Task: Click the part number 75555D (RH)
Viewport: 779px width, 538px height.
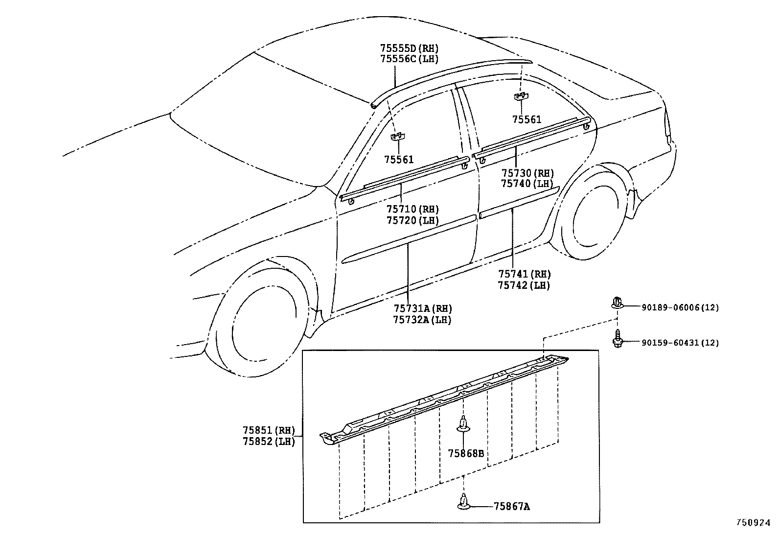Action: tap(409, 48)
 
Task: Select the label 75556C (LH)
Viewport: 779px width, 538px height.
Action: tap(409, 59)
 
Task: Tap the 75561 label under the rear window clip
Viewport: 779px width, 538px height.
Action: tap(527, 120)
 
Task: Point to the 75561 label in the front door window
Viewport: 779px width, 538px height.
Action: tap(398, 160)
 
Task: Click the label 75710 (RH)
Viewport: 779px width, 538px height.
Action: tap(412, 209)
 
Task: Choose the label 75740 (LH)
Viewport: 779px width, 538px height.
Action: tap(527, 184)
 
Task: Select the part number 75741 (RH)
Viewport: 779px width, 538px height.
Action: tap(525, 274)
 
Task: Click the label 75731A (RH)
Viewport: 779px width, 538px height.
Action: tap(423, 308)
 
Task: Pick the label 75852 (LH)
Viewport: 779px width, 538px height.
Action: tap(269, 442)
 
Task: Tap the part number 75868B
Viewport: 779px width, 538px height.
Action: tap(466, 453)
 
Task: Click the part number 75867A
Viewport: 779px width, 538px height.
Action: tap(511, 506)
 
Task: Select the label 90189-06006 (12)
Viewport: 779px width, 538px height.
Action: tap(680, 307)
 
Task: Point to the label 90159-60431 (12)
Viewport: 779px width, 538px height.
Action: tap(680, 342)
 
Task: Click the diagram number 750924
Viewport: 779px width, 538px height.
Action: tap(753, 523)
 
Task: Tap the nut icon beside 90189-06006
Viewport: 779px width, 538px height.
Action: tap(617, 303)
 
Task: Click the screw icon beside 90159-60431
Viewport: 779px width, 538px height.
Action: tap(618, 339)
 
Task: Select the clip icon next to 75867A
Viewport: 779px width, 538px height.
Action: tap(463, 501)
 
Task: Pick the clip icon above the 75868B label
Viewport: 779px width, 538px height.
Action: tap(463, 423)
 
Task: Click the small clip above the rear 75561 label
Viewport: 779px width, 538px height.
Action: tap(521, 96)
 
